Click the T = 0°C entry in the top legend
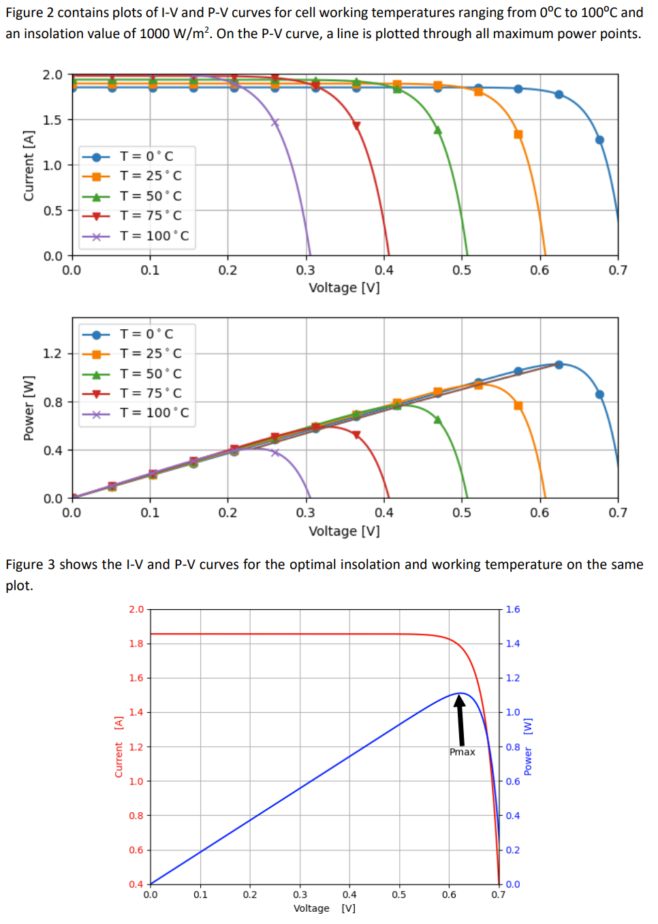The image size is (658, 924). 146,156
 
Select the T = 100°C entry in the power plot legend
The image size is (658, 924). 154,412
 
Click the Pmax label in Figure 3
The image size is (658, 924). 463,752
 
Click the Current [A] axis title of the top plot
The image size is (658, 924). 29,166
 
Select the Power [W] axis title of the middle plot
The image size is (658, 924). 29,407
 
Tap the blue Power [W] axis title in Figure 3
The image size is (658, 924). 528,746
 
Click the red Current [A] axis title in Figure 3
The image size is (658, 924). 119,746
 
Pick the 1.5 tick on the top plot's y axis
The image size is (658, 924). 53,120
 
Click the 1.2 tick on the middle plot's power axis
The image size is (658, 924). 52,353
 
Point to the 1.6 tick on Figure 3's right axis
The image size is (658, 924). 513,609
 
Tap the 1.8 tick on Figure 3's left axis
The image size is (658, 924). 136,643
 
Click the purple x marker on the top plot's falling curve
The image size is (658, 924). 275,123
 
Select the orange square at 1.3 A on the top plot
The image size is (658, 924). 518,134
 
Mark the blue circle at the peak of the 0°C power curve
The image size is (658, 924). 559,365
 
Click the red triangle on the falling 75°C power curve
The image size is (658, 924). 356,435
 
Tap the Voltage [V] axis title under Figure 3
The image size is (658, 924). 324,908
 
